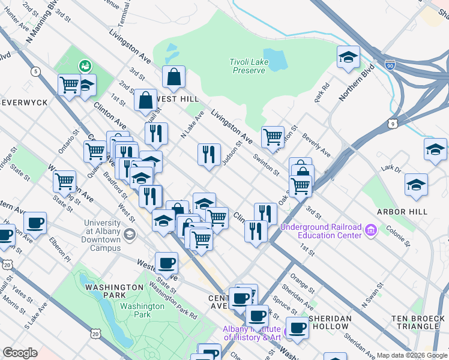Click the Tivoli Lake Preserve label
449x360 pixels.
tap(247, 66)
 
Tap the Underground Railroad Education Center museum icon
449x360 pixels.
tap(371, 230)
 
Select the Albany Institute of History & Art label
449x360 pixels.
tap(252, 333)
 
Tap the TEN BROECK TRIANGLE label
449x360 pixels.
tap(416, 322)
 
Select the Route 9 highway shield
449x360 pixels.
tap(393, 124)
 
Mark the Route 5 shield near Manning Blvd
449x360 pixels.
tap(37, 72)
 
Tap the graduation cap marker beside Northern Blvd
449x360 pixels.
tap(348, 58)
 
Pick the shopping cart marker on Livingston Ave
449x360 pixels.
tap(273, 137)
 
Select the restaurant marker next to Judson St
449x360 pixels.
tap(209, 154)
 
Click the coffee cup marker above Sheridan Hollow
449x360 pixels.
tap(297, 328)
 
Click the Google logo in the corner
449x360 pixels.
tap(19, 353)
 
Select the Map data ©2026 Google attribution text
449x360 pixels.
tap(411, 355)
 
